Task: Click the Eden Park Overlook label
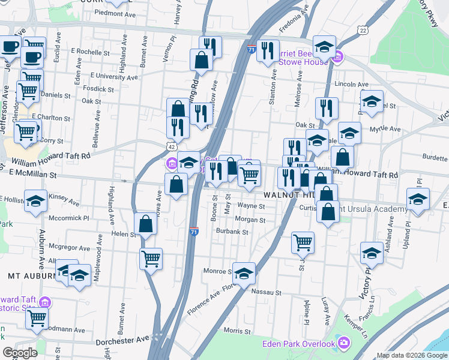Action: point(298,344)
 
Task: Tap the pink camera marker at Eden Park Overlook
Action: point(343,344)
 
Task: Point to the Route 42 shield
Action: point(172,146)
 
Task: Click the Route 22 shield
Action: point(362,30)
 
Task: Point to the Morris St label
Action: point(237,331)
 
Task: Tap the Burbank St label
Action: point(232,232)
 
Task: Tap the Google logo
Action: point(20,352)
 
